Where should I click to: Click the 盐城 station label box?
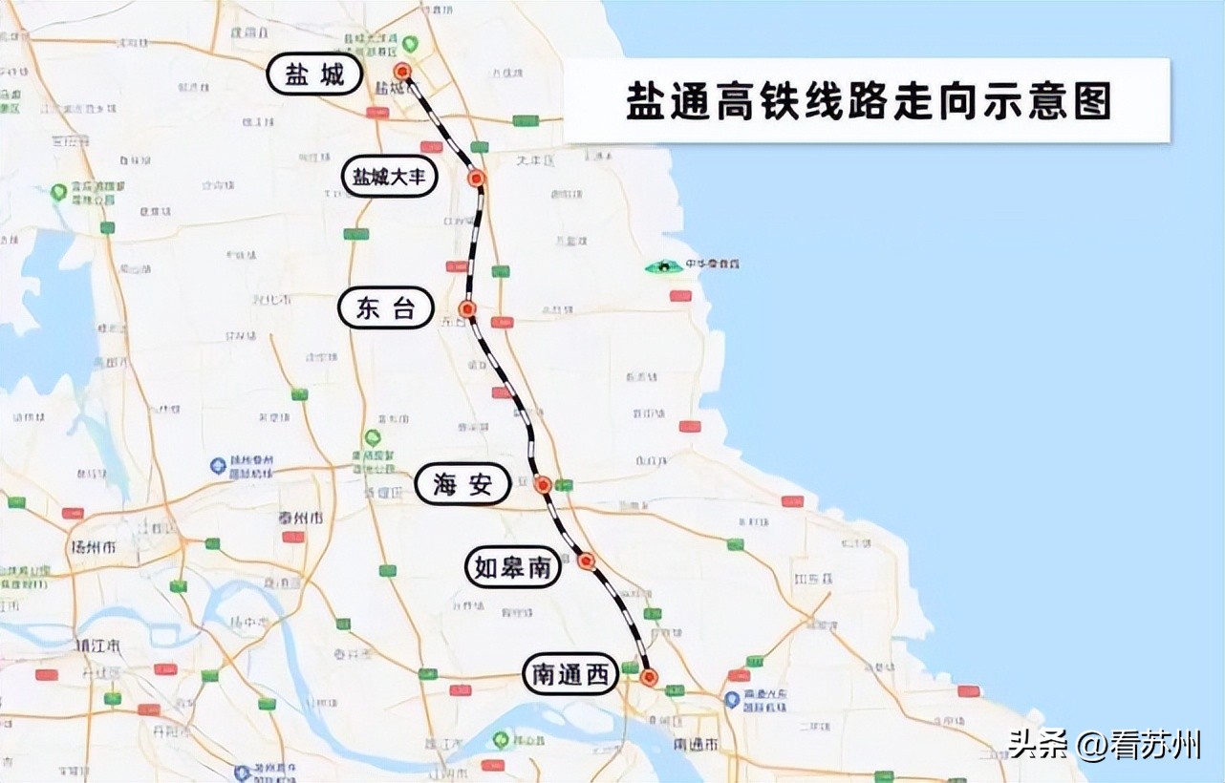click(x=313, y=74)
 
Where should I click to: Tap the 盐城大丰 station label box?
click(x=390, y=178)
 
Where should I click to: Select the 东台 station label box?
click(x=386, y=308)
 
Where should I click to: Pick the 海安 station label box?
click(x=462, y=485)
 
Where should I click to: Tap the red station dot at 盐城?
click(x=402, y=71)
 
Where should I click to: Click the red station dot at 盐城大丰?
click(x=477, y=178)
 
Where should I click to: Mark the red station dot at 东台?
click(x=467, y=308)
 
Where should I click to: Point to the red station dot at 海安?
click(x=543, y=484)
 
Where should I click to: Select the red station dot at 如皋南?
click(x=587, y=561)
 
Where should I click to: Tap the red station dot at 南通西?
click(x=650, y=677)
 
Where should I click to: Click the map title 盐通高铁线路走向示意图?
click(x=868, y=101)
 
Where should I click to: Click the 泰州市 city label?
click(x=300, y=518)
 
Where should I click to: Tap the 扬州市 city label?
click(x=94, y=548)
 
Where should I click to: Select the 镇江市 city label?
click(x=98, y=645)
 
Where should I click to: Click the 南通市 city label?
click(x=695, y=744)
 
